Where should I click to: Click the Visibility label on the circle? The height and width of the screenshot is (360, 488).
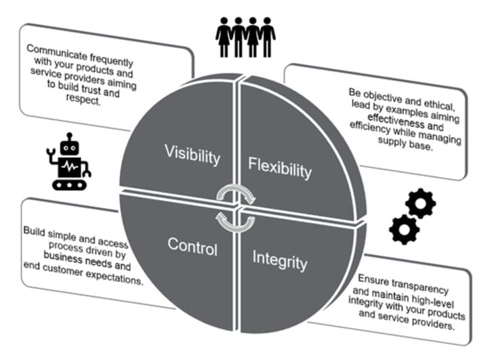[192, 154]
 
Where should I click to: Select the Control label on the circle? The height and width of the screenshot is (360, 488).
[193, 247]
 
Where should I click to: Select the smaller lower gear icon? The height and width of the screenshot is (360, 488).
[405, 230]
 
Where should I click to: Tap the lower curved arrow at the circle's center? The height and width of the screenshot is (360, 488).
[230, 218]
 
